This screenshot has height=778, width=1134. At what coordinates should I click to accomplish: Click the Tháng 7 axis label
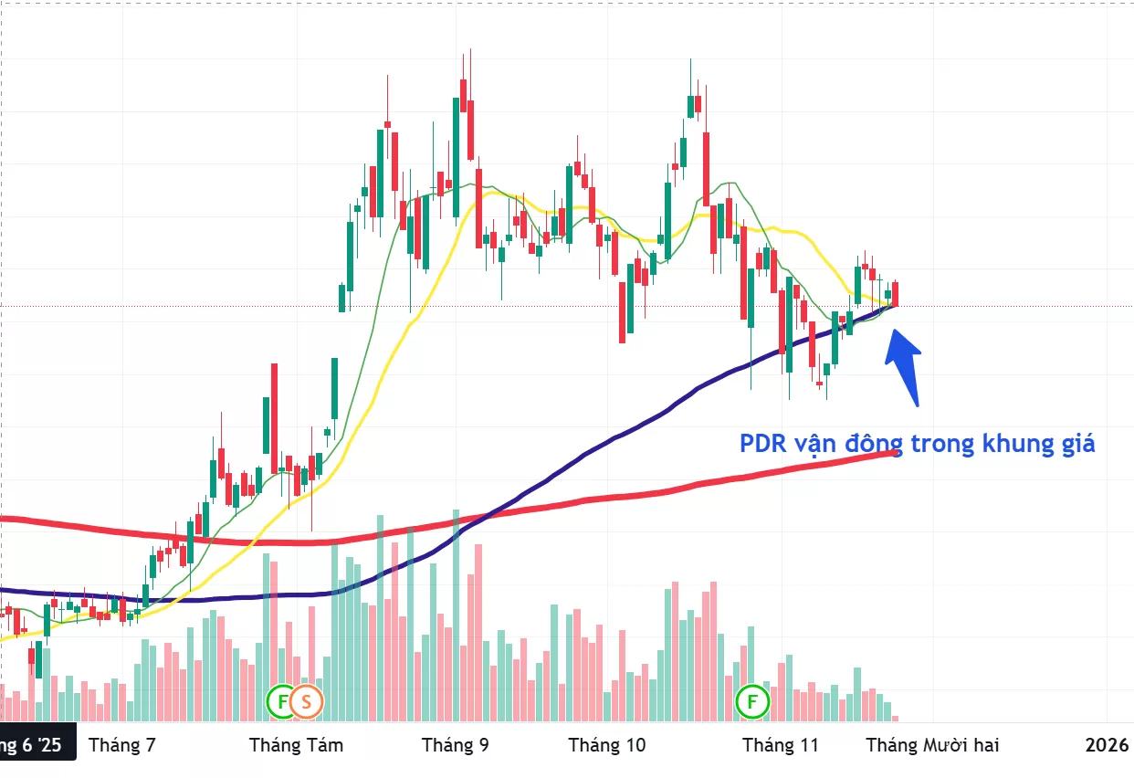(121, 745)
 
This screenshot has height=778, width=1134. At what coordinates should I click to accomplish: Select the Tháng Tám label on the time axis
(296, 745)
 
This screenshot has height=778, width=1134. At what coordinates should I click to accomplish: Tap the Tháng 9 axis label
(455, 745)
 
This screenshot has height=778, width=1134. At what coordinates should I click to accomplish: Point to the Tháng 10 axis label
(606, 745)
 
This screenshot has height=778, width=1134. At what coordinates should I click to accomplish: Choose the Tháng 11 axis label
(781, 745)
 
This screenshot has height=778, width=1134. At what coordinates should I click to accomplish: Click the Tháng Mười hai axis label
(932, 745)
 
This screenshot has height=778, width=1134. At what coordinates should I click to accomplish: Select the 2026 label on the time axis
(1107, 745)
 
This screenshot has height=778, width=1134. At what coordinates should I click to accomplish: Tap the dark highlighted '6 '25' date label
(31, 745)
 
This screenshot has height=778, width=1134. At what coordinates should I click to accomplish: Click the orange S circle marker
(307, 701)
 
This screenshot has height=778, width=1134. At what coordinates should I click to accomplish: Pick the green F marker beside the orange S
(282, 701)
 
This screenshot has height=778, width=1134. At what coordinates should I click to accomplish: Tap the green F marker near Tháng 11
(753, 701)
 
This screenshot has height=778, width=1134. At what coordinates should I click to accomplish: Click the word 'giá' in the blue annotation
(1076, 445)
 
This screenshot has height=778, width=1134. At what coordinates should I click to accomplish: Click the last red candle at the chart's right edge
(897, 294)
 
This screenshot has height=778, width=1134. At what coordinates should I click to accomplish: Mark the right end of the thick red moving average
(895, 453)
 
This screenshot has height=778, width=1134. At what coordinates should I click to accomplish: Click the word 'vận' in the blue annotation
(816, 445)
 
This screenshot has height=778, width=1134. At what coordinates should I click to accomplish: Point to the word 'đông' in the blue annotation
(876, 445)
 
